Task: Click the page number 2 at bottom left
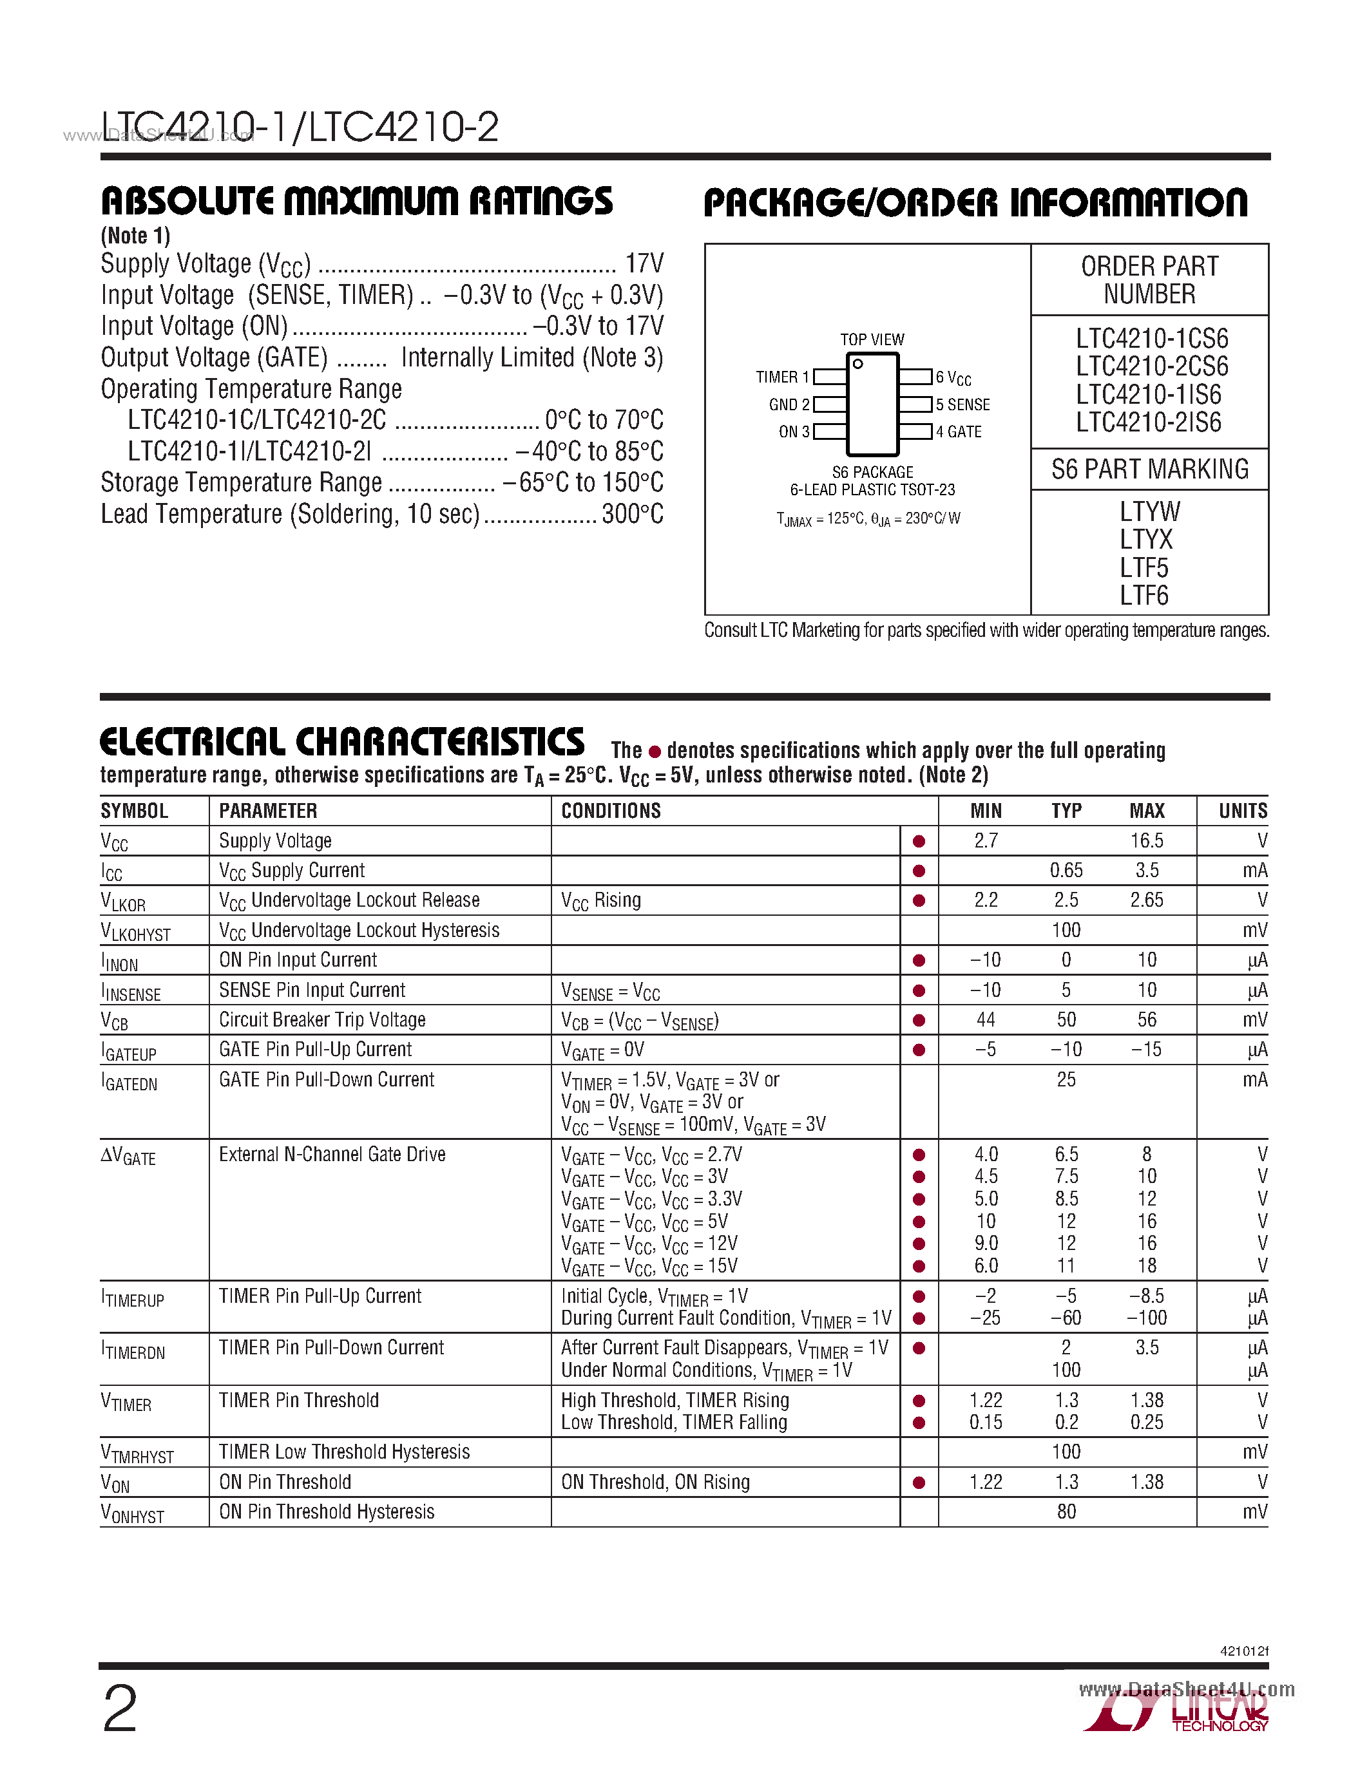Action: [120, 1708]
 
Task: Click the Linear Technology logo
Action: [1176, 1714]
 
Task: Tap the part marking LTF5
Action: [1144, 567]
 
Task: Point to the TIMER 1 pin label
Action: [782, 377]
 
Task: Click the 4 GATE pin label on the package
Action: [959, 432]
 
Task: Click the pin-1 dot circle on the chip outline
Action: [857, 364]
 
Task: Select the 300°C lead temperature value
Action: [633, 514]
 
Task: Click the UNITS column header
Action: [1243, 811]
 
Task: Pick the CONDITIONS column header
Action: [611, 811]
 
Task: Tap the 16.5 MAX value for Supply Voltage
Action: [1147, 841]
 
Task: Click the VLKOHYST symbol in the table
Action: [135, 932]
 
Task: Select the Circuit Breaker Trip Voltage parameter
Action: [322, 1020]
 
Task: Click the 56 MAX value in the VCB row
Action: [1147, 1020]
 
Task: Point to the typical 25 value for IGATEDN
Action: [1066, 1080]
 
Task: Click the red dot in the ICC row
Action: [919, 871]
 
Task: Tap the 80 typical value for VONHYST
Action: [1066, 1512]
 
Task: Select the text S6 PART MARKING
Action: [1149, 469]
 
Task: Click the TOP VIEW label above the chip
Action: [872, 340]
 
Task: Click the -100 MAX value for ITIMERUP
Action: [1147, 1318]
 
